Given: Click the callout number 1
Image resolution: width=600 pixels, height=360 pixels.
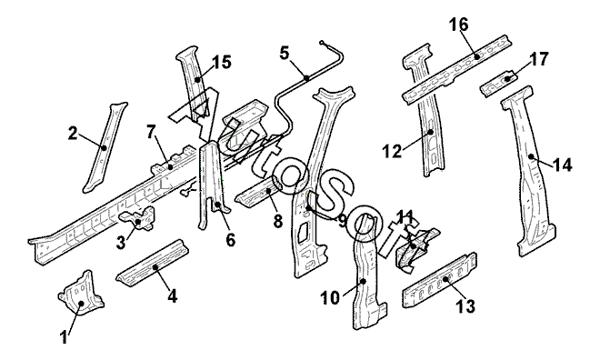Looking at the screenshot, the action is pyautogui.click(x=65, y=338).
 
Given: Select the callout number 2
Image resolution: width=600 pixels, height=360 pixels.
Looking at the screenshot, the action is pyautogui.click(x=73, y=134).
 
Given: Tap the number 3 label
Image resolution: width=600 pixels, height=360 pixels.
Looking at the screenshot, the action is pyautogui.click(x=121, y=243).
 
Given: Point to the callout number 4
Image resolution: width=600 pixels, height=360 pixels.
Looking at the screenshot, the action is pyautogui.click(x=173, y=296).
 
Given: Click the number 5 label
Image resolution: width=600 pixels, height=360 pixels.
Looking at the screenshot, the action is pyautogui.click(x=285, y=54).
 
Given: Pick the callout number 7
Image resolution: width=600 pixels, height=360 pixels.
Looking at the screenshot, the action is pyautogui.click(x=152, y=132).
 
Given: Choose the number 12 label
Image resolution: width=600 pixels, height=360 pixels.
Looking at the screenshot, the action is pyautogui.click(x=393, y=152).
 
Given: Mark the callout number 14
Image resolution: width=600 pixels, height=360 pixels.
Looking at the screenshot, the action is pyautogui.click(x=562, y=165).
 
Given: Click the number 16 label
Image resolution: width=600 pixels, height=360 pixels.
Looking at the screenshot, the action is pyautogui.click(x=459, y=25).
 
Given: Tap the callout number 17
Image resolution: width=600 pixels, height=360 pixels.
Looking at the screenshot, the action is pyautogui.click(x=539, y=59).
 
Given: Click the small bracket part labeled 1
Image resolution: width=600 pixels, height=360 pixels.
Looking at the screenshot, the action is pyautogui.click(x=82, y=294).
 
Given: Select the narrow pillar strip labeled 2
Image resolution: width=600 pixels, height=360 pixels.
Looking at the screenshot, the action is pyautogui.click(x=105, y=147).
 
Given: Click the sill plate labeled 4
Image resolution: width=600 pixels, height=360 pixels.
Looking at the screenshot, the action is pyautogui.click(x=153, y=263).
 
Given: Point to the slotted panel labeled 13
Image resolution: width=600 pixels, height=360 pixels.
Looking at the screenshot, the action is pyautogui.click(x=440, y=280).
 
